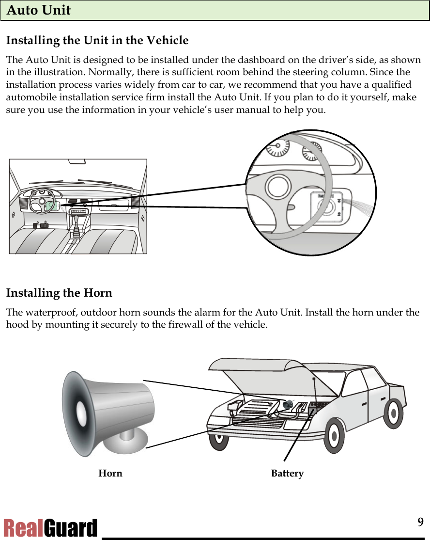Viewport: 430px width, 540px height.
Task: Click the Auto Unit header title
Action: pyautogui.click(x=39, y=10)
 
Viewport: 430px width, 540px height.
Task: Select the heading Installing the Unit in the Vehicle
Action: pyautogui.click(x=97, y=40)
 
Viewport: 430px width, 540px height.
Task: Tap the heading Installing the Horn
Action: pyautogui.click(x=59, y=293)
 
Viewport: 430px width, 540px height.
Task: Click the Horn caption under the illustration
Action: pyautogui.click(x=110, y=474)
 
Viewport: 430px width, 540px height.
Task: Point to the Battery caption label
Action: pyautogui.click(x=287, y=474)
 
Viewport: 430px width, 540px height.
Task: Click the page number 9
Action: pyautogui.click(x=420, y=522)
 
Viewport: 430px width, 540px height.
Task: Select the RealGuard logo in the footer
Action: pyautogui.click(x=50, y=528)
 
